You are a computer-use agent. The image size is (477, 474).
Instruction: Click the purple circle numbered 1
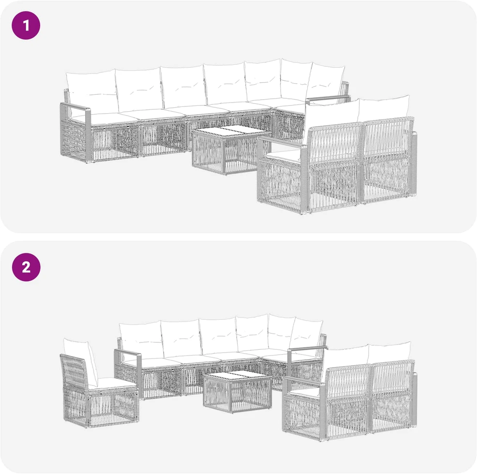point(26,25)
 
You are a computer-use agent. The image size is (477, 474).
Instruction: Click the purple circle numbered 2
point(26,267)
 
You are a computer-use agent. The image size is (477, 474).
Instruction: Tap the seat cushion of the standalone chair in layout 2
point(113,384)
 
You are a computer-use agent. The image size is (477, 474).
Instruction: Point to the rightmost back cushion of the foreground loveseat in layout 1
point(384,109)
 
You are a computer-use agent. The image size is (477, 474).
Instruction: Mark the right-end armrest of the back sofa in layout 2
point(307,349)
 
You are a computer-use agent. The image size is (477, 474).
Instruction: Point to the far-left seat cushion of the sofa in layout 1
point(97,118)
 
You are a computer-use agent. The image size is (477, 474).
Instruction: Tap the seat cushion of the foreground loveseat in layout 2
point(304,394)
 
